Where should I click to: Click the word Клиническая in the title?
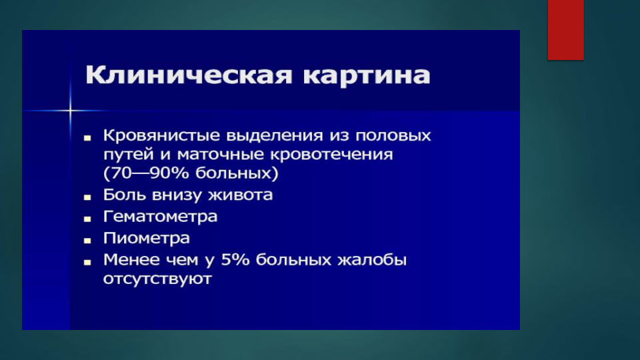pos(189,75)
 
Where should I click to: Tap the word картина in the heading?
pos(367,75)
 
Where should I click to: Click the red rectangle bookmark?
pos(566,30)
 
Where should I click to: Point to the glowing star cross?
pos(70,110)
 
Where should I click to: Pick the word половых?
pos(393,135)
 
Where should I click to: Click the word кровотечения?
pos(331,155)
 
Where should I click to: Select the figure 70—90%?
pos(150,173)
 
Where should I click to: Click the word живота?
pos(241,195)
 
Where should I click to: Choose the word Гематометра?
pos(160,216)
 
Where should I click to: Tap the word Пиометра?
pos(146,238)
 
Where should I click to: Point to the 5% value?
pos(235,259)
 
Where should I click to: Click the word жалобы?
pos(372,259)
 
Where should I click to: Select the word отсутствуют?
pos(157,279)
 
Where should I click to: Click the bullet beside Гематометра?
pos(87,219)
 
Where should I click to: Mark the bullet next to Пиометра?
pos(87,241)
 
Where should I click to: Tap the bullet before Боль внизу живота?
pos(87,197)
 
